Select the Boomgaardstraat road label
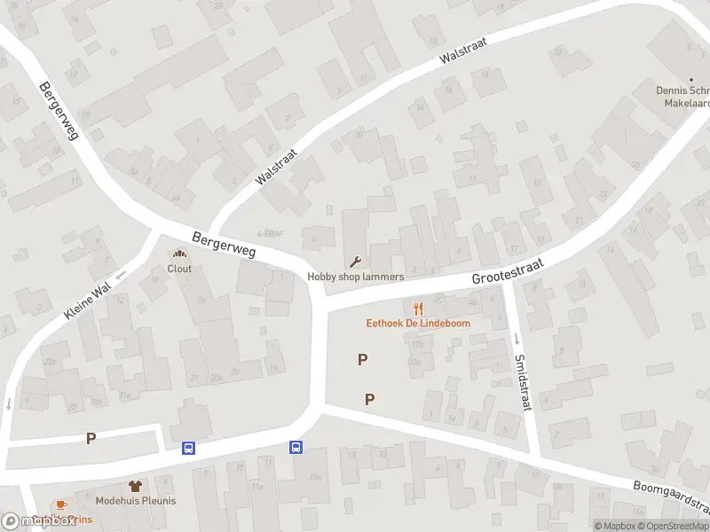point(672,497)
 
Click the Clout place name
point(179,269)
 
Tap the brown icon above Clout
point(179,255)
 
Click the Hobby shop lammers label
point(356,277)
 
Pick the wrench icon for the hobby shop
point(356,262)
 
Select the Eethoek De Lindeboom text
point(419,323)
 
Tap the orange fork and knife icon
point(419,309)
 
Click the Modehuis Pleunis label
point(136,500)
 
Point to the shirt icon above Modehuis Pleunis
point(135,486)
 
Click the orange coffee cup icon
point(61,504)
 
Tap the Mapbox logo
point(38,521)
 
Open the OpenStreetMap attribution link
point(674,526)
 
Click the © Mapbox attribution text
point(614,526)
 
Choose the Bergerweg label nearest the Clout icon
point(224,246)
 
